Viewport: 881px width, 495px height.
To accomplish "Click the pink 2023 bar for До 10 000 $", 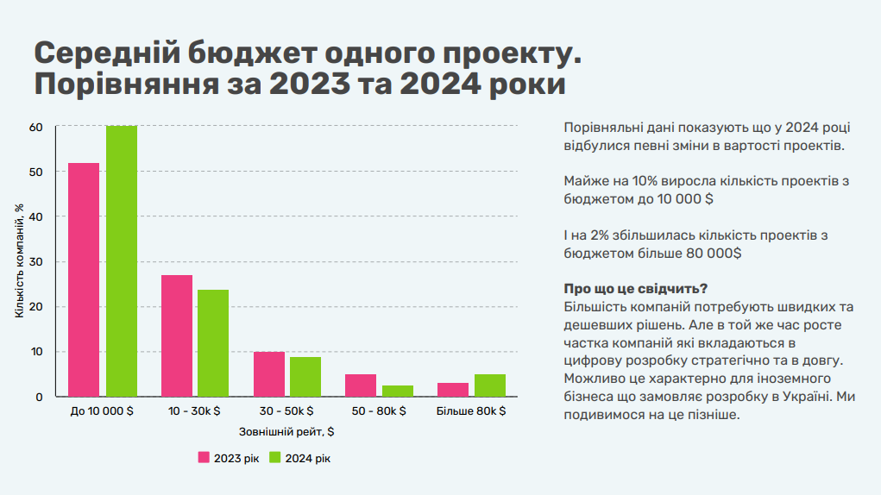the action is (84, 279).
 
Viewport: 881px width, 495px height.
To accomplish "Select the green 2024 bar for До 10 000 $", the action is (122, 261).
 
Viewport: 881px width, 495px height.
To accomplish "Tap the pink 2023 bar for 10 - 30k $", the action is (176, 335).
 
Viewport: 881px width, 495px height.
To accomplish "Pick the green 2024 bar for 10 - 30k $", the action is (213, 343).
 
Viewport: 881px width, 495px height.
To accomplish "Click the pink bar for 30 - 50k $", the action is (269, 373).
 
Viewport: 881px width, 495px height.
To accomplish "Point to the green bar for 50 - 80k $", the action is (398, 391).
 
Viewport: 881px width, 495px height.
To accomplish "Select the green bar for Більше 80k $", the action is (490, 385).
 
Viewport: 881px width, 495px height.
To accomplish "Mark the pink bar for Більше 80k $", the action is (453, 390).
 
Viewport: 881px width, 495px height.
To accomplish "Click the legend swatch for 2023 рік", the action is (204, 457).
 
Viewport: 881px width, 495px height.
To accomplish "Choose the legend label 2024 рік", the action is (308, 459).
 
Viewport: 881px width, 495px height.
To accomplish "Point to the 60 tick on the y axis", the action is (36, 128).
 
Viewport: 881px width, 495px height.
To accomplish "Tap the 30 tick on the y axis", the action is (36, 262).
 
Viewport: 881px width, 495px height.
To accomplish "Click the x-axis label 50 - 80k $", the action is (379, 410).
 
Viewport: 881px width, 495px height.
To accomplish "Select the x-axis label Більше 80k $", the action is (471, 410).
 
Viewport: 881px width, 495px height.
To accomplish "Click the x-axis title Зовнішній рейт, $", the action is (286, 431).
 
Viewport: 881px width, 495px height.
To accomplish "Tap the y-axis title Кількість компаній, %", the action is (20, 261).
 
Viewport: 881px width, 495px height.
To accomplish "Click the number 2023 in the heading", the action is (310, 85).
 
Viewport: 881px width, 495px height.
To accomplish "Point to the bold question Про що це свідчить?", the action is (635, 289).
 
